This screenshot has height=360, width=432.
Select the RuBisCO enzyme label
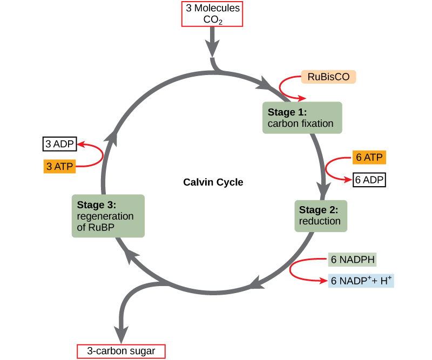328,77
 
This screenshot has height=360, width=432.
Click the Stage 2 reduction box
320,215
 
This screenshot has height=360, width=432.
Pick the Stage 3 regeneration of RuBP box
108,216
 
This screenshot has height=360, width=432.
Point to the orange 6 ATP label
369,158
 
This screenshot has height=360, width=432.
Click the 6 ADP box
369,180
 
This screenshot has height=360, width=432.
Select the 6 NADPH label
353,259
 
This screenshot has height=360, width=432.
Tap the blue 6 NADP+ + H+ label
361,281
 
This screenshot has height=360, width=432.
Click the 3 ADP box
60,144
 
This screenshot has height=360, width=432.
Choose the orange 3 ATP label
59,166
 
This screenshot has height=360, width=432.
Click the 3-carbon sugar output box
121,351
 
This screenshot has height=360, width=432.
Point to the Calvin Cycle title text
213,182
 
